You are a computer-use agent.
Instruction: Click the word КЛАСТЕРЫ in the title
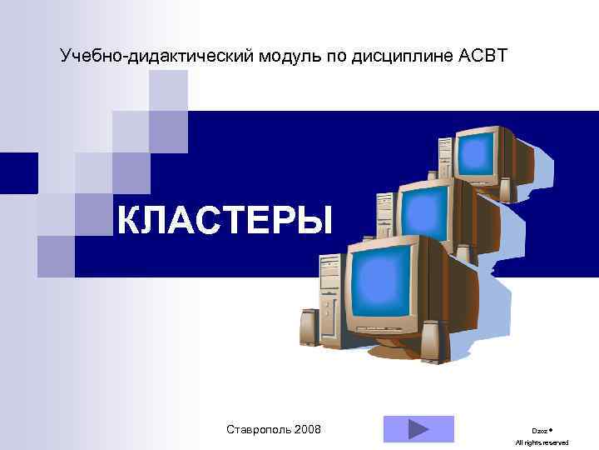point(224,222)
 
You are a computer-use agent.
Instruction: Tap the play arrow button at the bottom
point(418,429)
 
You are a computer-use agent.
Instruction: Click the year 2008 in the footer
point(305,429)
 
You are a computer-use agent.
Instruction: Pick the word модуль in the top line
point(284,57)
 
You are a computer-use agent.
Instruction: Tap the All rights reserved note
point(542,442)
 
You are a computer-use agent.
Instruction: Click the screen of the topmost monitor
point(478,153)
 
